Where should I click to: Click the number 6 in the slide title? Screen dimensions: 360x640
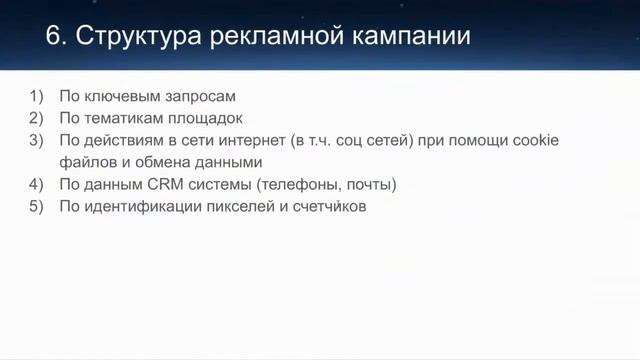pos(54,38)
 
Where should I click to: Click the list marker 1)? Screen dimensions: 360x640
pos(37,97)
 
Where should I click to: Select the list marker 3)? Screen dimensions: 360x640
pos(37,141)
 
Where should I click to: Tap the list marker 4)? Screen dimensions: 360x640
pos(37,185)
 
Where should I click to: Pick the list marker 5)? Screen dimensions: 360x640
pos(37,207)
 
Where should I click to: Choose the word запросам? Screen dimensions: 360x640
pos(199,97)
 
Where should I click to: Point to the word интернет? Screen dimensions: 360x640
pos(265,141)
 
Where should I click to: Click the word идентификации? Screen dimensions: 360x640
pos(135,207)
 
